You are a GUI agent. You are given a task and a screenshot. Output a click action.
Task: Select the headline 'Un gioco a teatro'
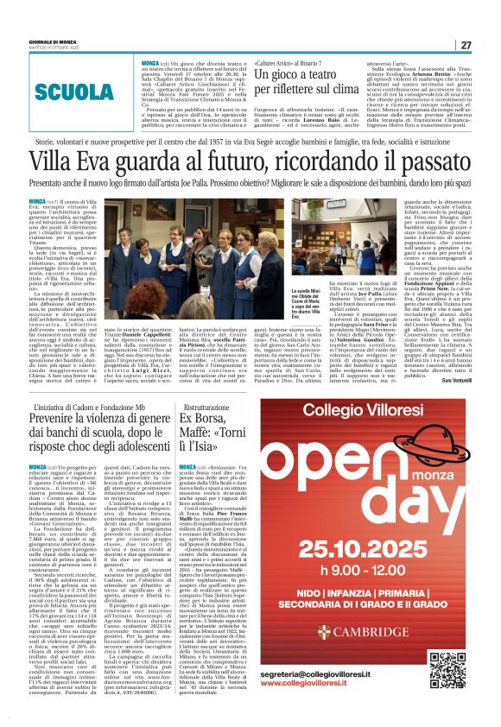301,77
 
